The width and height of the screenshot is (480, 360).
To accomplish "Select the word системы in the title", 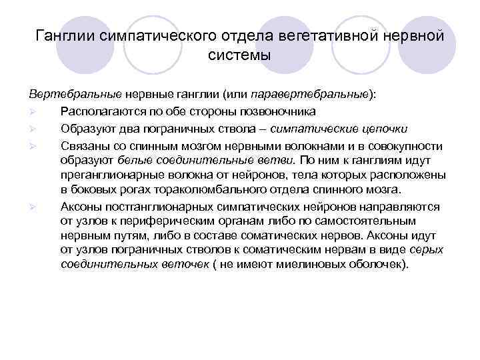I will pos(239,54).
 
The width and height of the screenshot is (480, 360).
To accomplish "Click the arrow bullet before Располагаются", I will pos(32,111).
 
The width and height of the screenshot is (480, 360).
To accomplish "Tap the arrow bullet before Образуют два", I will pos(32,128).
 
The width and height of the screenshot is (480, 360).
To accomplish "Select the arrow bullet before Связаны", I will pos(32,145).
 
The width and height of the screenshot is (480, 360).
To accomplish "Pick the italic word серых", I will pos(426,249).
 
